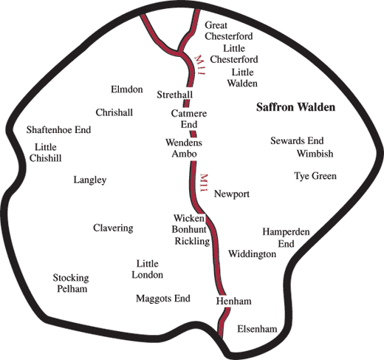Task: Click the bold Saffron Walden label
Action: [295, 107]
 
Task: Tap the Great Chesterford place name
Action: [229, 30]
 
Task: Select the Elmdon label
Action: [127, 89]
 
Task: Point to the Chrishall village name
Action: [114, 112]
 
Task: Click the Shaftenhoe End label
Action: [58, 129]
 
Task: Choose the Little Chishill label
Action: [46, 152]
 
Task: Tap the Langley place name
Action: [90, 180]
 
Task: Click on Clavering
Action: [113, 228]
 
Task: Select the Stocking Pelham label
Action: [71, 283]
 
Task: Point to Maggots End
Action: [163, 299]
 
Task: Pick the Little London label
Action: [148, 269]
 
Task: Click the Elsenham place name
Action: [257, 329]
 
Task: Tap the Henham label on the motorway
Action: [233, 301]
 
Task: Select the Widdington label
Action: [253, 254]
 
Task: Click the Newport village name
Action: [232, 194]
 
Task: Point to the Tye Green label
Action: [315, 176]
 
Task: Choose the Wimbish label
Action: [315, 154]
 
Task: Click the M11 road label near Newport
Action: [204, 183]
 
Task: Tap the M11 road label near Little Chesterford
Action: [199, 65]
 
